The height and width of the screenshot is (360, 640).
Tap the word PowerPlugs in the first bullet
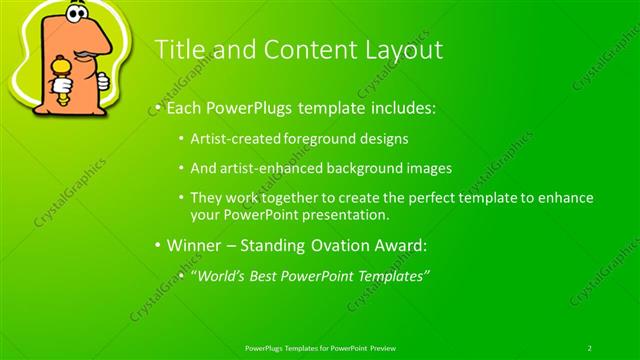(244, 107)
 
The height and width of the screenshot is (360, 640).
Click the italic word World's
(218, 275)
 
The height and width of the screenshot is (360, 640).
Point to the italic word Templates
(393, 275)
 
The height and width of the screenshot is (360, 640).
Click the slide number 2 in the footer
(589, 347)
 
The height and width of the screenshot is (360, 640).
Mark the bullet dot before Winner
(157, 245)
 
